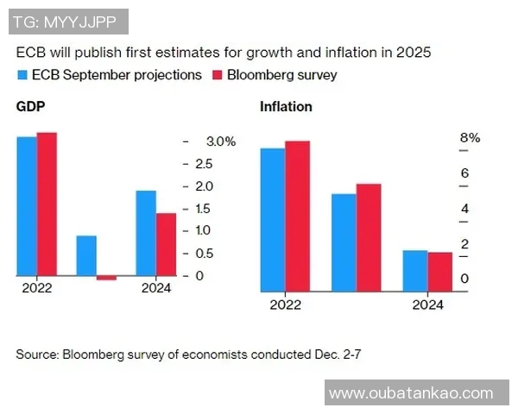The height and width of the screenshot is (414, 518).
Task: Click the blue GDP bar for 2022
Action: [27, 206]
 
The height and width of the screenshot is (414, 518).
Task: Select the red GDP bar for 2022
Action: [47, 204]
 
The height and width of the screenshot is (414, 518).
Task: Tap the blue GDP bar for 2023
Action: [86, 255]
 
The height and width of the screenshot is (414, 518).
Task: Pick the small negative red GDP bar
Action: [106, 278]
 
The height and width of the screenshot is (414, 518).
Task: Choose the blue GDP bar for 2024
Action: [146, 233]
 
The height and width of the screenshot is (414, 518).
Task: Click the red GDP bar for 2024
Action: [166, 244]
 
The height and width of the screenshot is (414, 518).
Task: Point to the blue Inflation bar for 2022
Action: [273, 219]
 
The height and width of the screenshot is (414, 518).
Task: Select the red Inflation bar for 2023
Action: [368, 237]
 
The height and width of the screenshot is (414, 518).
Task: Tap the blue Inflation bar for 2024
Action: [415, 270]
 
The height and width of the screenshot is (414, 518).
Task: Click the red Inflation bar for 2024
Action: [439, 272]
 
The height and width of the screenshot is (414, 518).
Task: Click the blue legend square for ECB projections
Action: [22, 75]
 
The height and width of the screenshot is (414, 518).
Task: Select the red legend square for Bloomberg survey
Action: [218, 75]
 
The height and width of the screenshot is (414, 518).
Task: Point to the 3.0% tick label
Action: [221, 142]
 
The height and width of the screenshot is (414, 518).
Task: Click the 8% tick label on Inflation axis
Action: [470, 138]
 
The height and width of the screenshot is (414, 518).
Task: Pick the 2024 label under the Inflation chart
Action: [427, 305]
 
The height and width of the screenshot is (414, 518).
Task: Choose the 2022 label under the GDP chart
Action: [37, 289]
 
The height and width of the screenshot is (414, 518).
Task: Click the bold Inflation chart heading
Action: [286, 108]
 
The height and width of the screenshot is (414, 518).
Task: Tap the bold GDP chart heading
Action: [30, 108]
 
